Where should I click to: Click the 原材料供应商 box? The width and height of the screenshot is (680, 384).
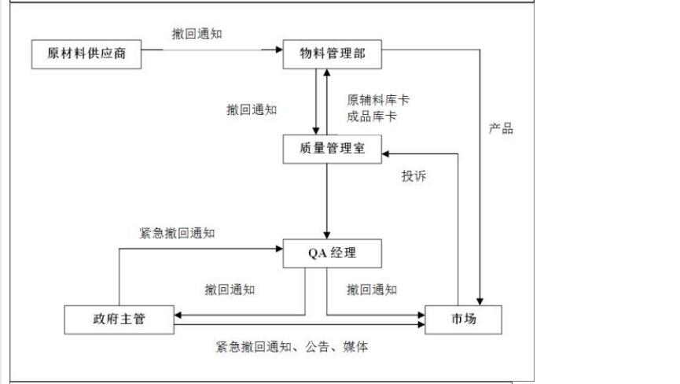[86, 54]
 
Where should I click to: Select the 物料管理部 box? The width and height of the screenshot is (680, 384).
[333, 54]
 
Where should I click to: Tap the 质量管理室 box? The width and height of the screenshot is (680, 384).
[333, 149]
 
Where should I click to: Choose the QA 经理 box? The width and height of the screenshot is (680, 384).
[333, 253]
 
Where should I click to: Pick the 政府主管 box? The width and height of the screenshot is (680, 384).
[119, 319]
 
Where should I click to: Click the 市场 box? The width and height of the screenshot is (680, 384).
[463, 319]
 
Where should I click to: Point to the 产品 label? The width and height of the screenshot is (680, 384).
[501, 128]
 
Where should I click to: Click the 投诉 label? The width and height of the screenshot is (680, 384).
[414, 175]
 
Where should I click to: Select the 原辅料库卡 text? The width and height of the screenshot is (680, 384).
[378, 100]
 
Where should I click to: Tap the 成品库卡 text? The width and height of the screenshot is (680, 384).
[372, 116]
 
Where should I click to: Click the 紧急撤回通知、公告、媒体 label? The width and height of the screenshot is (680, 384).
[292, 347]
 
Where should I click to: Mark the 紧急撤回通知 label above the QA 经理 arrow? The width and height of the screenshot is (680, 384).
[177, 233]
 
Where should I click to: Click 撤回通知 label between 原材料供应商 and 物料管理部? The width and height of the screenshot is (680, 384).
[197, 33]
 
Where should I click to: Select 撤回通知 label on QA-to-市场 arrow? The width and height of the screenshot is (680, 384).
[372, 290]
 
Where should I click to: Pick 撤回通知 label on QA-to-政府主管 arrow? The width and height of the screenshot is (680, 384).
[230, 290]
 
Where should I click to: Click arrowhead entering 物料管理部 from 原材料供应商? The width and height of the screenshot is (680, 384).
[278, 50]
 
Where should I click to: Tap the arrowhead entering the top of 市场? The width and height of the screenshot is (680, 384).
[480, 301]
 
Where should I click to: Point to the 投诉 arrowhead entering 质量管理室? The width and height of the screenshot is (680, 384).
[386, 153]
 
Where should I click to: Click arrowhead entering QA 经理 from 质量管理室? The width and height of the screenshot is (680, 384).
[327, 234]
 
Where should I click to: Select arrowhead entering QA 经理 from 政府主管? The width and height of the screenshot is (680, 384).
[279, 249]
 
